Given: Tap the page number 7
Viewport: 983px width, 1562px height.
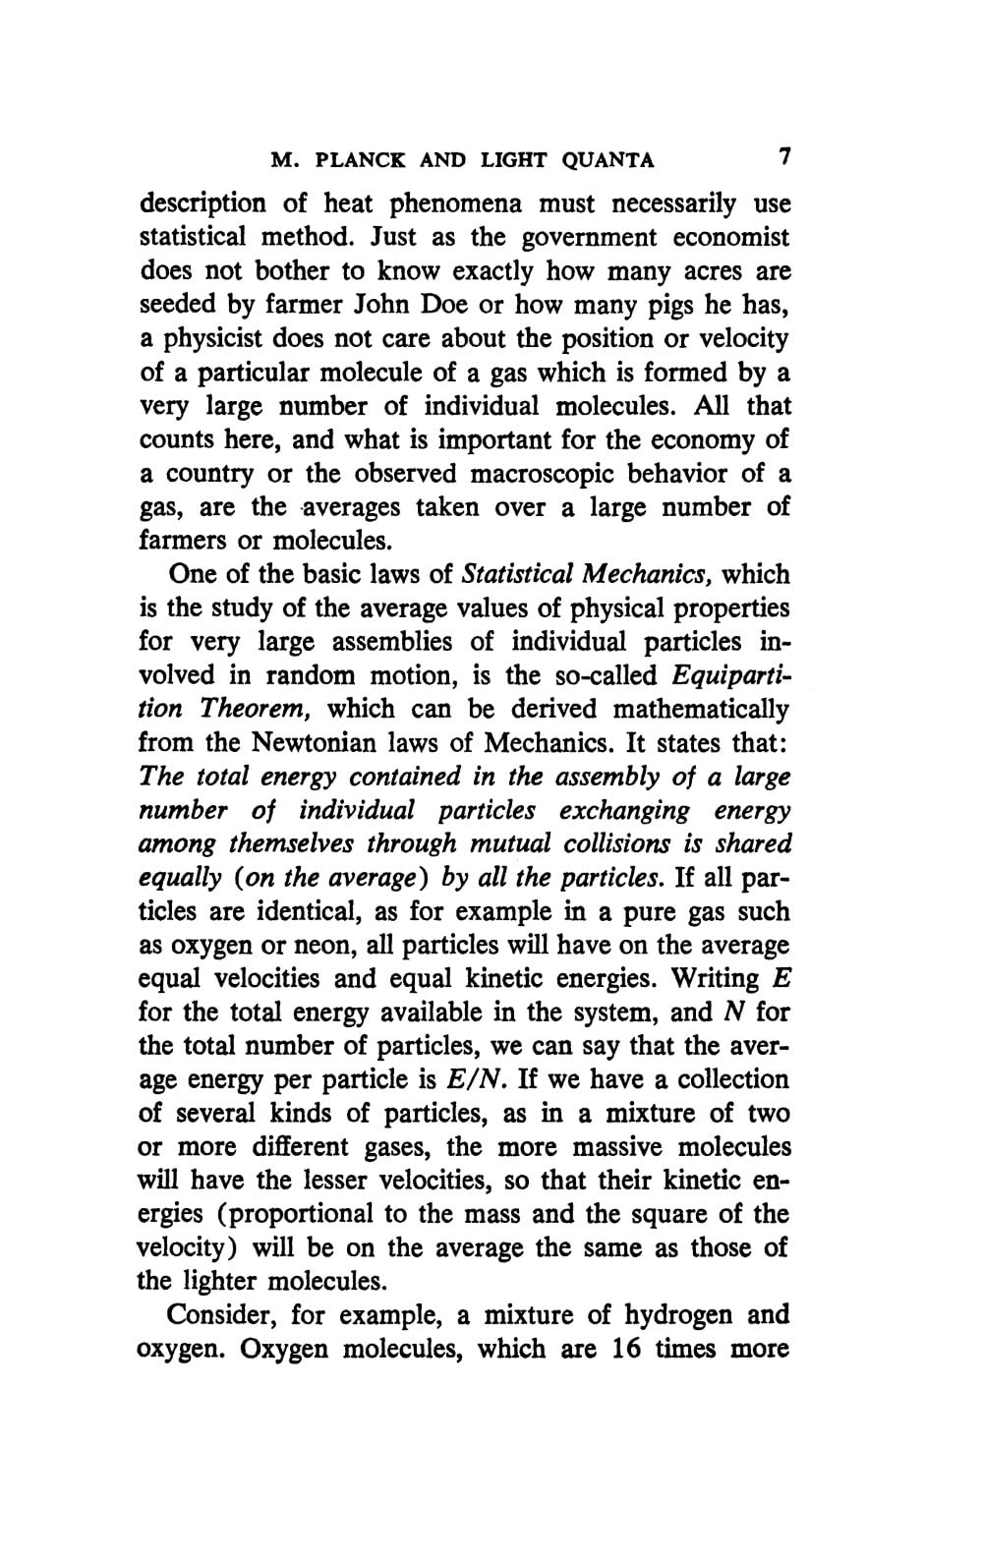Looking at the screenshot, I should (x=783, y=157).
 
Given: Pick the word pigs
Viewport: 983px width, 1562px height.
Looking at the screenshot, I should (x=671, y=306).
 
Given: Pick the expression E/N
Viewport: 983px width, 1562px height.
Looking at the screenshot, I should (x=476, y=1080).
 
